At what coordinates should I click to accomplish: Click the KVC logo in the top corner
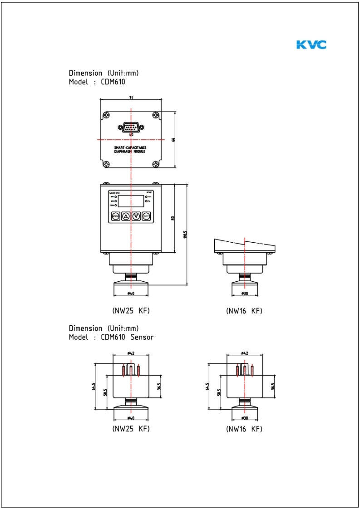point(311,44)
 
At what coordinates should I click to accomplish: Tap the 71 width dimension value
point(131,97)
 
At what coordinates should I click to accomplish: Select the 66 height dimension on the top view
point(173,140)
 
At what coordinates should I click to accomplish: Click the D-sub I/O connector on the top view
point(131,127)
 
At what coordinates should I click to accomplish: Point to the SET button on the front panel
point(146,216)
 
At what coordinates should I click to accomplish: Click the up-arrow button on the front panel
point(126,216)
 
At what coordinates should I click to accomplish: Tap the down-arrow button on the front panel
point(136,216)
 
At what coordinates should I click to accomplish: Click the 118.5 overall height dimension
point(185,235)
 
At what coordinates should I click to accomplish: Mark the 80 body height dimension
point(173,218)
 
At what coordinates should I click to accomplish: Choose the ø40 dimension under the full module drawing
point(131,294)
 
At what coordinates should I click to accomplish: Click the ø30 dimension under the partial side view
point(244,294)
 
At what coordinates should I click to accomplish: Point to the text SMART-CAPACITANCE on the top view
point(130,148)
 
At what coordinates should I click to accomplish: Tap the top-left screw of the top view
point(105,116)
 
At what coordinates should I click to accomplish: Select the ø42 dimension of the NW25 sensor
point(131,353)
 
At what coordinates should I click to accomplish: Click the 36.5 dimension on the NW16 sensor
point(273,387)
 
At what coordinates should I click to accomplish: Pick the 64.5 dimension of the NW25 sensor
point(94,387)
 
